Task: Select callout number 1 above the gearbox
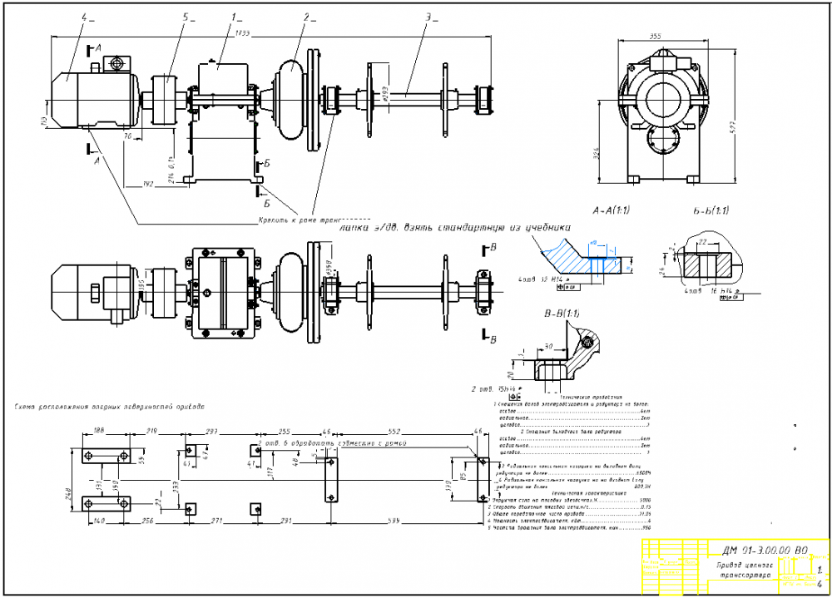235,15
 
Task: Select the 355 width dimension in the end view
655,36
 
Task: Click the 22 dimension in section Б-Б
703,241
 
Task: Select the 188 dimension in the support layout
99,432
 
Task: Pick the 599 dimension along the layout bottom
404,520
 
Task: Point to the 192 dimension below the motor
149,182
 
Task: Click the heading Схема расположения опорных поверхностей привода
109,408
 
